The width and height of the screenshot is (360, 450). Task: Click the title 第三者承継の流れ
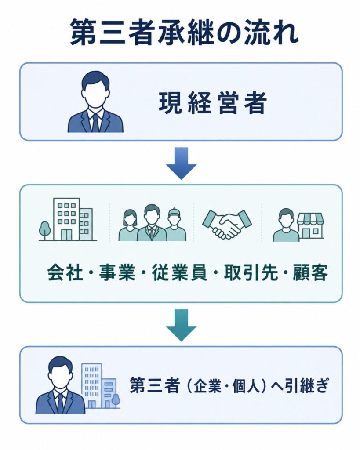tap(184, 32)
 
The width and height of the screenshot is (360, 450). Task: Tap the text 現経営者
tap(213, 102)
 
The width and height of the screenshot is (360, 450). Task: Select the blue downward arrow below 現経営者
tap(181, 163)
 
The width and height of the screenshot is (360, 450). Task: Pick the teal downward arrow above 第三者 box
tap(181, 325)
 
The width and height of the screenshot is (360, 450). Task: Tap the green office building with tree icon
tap(68, 219)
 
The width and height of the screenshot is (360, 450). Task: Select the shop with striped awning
tap(310, 227)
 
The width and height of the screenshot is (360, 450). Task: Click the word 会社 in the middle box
tap(65, 272)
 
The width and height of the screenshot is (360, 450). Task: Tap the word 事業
tap(117, 272)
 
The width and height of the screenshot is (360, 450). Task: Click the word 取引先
tap(251, 272)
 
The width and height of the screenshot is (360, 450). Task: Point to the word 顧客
tap(310, 272)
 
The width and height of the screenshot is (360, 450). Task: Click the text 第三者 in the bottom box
tap(155, 385)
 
